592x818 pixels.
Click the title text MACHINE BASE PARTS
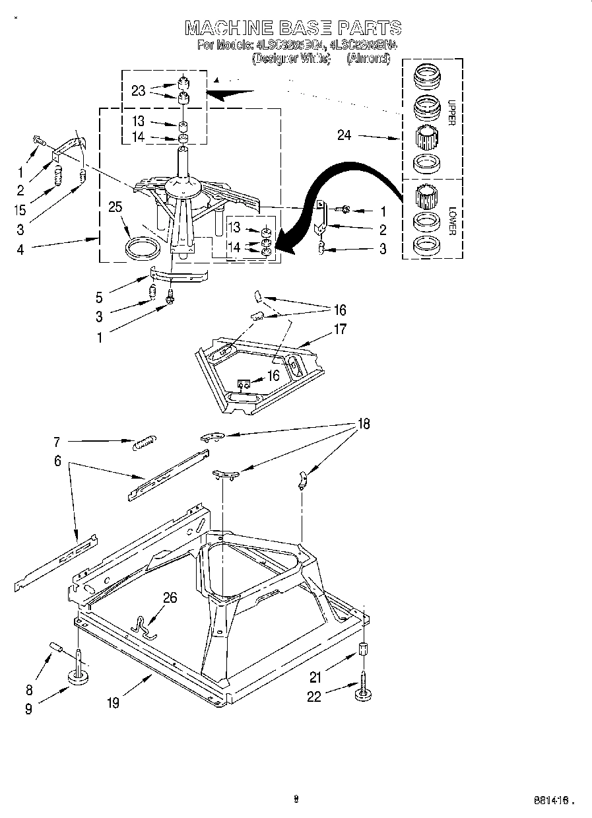pos(292,27)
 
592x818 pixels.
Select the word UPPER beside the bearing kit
pos(451,112)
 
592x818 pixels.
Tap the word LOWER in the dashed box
pos(452,221)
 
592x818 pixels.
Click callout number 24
pos(345,135)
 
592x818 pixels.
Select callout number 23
pos(138,90)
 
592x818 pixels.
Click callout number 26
pos(170,598)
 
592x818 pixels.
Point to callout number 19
pos(114,703)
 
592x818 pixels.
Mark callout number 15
pos(20,210)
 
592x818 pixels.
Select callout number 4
pos(20,250)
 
